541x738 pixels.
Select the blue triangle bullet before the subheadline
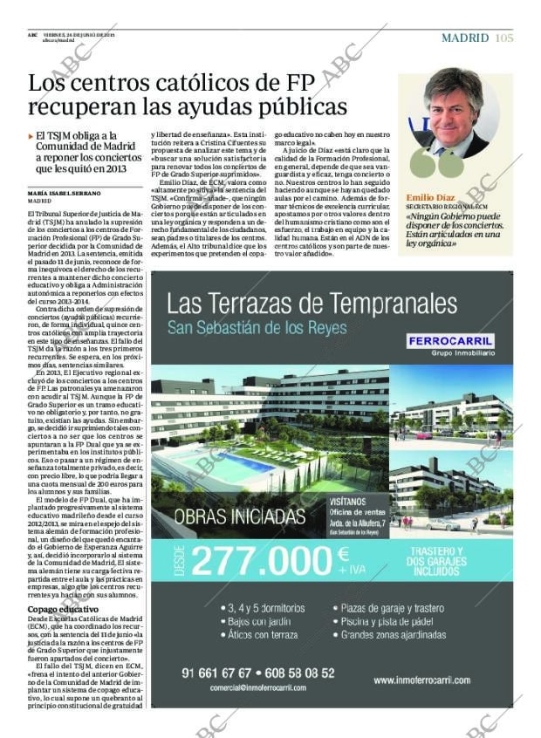click(x=31, y=136)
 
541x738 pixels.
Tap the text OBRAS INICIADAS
click(x=238, y=516)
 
